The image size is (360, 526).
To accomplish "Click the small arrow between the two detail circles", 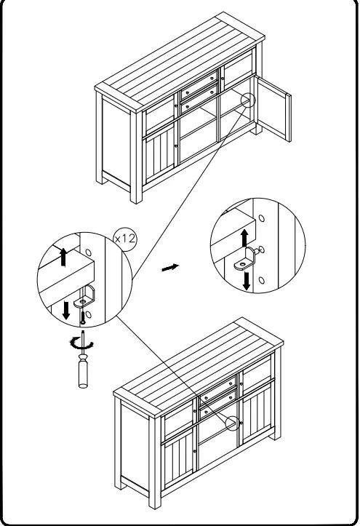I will click(169, 268).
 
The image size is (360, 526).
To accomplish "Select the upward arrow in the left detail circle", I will click(64, 256).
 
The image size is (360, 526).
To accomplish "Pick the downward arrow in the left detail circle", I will click(67, 309).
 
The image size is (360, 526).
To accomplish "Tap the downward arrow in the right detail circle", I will click(247, 280).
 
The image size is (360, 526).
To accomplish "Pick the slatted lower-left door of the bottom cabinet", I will click(179, 461).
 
